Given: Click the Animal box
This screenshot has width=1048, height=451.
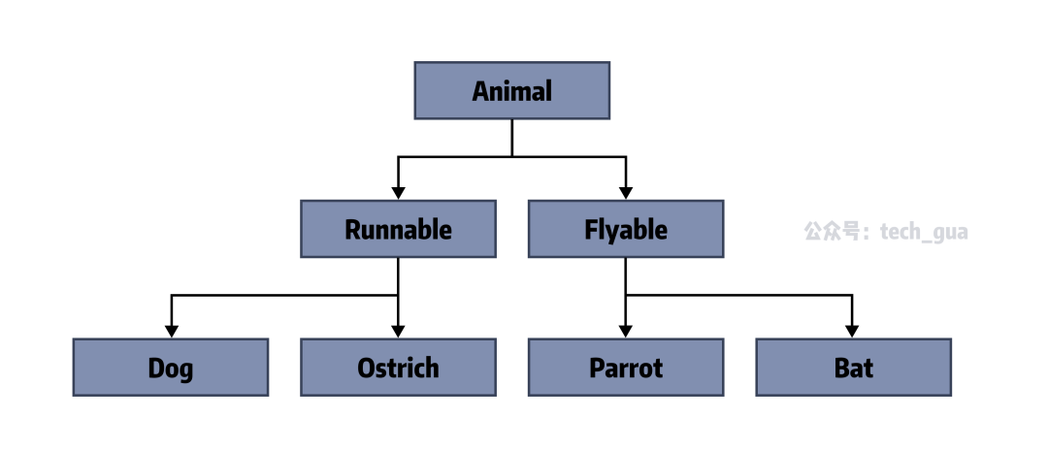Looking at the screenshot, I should (511, 91).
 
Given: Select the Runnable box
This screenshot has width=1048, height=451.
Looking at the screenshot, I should (398, 230).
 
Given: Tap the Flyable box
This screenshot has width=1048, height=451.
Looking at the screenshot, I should (626, 230).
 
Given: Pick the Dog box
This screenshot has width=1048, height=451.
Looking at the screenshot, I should (171, 368).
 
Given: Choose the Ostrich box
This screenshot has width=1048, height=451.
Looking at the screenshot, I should (398, 368).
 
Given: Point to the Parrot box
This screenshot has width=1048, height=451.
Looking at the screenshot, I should (626, 368).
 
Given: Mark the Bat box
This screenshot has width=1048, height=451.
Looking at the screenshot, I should (853, 368).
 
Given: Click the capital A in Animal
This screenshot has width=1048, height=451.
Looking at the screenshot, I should (480, 91).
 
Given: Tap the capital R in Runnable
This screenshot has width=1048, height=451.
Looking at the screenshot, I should (353, 230).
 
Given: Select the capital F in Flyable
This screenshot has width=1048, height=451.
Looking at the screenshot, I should (591, 230).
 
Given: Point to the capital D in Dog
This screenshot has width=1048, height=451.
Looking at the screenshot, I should (155, 369).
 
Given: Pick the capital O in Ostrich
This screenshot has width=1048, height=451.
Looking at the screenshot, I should (366, 369).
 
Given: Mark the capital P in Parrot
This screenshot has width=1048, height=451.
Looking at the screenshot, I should (596, 369).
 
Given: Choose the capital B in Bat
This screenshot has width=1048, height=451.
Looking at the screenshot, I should (840, 369).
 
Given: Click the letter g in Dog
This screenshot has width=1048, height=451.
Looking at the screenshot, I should (185, 371).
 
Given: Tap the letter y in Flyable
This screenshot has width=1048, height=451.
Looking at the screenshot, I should (612, 233).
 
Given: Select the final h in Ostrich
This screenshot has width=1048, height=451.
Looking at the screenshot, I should (431, 369).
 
